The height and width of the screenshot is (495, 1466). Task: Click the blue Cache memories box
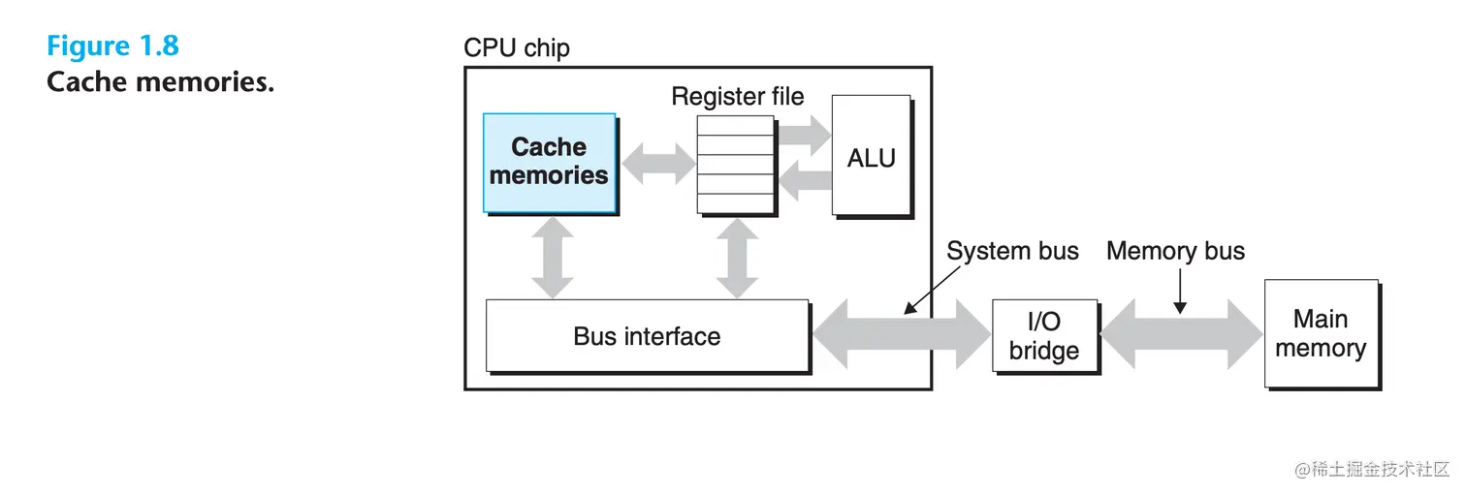click(550, 163)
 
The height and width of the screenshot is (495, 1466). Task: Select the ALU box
click(871, 157)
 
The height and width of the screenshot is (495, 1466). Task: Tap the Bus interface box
click(647, 336)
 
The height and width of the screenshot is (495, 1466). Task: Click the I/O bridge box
click(1044, 335)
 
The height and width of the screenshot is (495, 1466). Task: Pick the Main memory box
click(1321, 333)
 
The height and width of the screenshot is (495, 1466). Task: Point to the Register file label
click(738, 97)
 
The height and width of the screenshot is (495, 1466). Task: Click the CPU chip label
click(517, 47)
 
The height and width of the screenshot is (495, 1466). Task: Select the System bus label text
click(1012, 252)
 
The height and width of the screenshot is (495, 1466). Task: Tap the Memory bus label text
click(1175, 252)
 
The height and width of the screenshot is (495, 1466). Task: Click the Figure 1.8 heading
click(112, 46)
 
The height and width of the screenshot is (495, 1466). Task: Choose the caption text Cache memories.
click(160, 82)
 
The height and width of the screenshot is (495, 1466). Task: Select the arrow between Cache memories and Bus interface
click(551, 257)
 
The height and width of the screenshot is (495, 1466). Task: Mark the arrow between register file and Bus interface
click(736, 257)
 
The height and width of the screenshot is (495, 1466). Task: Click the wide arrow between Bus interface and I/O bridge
click(901, 334)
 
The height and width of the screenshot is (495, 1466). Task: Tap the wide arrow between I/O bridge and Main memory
click(1181, 334)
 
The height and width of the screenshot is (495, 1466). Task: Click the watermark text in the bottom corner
click(1371, 469)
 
